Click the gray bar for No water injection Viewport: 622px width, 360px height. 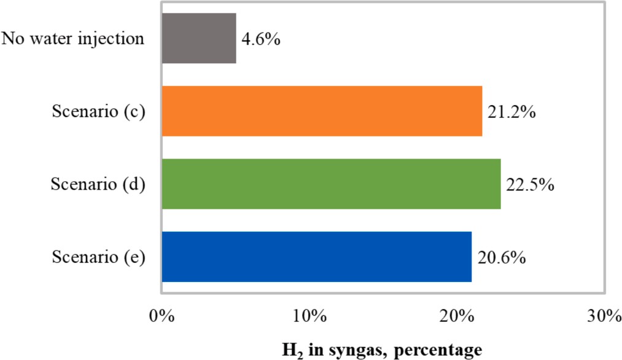[199, 38]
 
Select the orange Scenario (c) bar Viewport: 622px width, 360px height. [322, 111]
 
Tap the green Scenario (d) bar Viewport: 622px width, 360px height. [331, 184]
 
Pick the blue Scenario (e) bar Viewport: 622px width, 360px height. [316, 256]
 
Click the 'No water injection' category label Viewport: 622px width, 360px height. [73, 39]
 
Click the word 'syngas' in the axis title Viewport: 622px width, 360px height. [340, 351]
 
